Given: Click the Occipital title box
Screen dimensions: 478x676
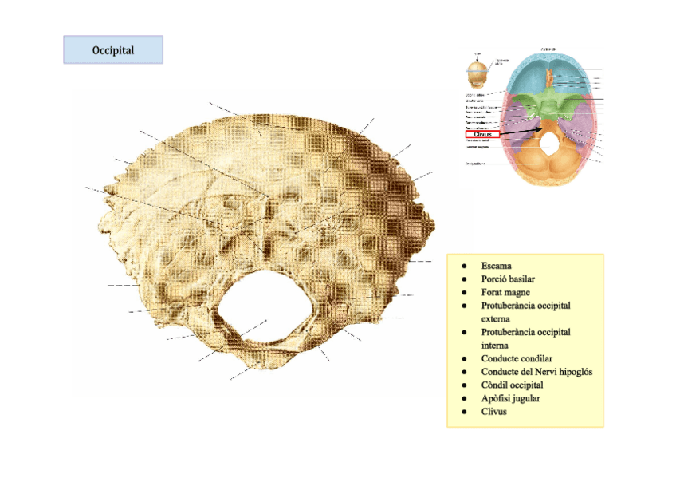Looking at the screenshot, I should [113, 50].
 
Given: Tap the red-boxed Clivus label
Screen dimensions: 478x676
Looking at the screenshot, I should [482, 135].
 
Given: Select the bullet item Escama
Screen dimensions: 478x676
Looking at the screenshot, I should [496, 265].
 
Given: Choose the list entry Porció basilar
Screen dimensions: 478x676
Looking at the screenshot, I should [508, 279].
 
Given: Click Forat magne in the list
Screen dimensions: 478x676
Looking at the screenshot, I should [505, 292].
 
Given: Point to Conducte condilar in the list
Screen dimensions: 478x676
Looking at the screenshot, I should [517, 358].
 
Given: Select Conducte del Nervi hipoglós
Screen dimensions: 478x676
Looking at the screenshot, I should [536, 371].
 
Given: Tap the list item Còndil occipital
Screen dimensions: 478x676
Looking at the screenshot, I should [512, 385].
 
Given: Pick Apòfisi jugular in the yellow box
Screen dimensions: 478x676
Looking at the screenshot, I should [510, 398].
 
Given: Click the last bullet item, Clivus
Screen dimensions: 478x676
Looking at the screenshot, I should [494, 412].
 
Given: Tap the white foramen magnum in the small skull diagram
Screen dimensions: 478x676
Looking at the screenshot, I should [548, 142].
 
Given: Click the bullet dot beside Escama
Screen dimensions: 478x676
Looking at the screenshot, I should [462, 265].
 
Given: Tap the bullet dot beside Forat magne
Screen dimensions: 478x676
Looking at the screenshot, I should [462, 292].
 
